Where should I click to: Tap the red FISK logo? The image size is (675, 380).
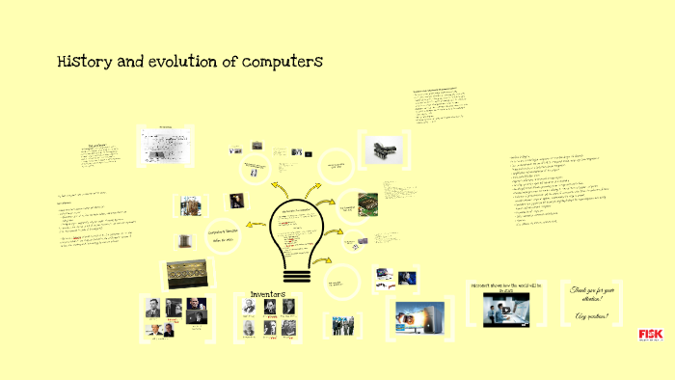[651, 335]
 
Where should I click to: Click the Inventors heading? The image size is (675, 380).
[269, 293]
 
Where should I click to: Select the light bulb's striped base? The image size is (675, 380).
[296, 273]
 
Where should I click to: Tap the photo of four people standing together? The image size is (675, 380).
[344, 326]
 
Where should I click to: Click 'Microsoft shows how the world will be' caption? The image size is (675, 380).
[506, 287]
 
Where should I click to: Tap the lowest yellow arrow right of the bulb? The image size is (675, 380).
[325, 260]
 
